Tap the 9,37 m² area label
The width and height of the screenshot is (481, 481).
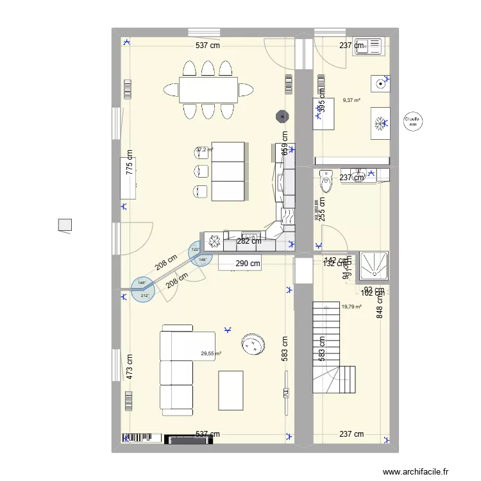351,100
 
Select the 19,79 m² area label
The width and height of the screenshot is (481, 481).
351,307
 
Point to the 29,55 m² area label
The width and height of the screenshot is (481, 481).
211,353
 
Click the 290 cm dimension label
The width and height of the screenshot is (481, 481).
248,263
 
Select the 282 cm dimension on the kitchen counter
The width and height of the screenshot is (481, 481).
249,241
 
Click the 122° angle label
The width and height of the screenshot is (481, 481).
195,249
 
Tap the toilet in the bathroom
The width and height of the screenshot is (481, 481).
326,181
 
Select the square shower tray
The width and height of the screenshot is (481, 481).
374,266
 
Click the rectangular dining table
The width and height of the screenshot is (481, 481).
208,89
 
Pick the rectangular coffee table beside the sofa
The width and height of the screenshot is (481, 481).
231,390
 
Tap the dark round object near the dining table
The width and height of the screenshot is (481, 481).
281,116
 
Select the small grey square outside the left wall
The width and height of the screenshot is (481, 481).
65,225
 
